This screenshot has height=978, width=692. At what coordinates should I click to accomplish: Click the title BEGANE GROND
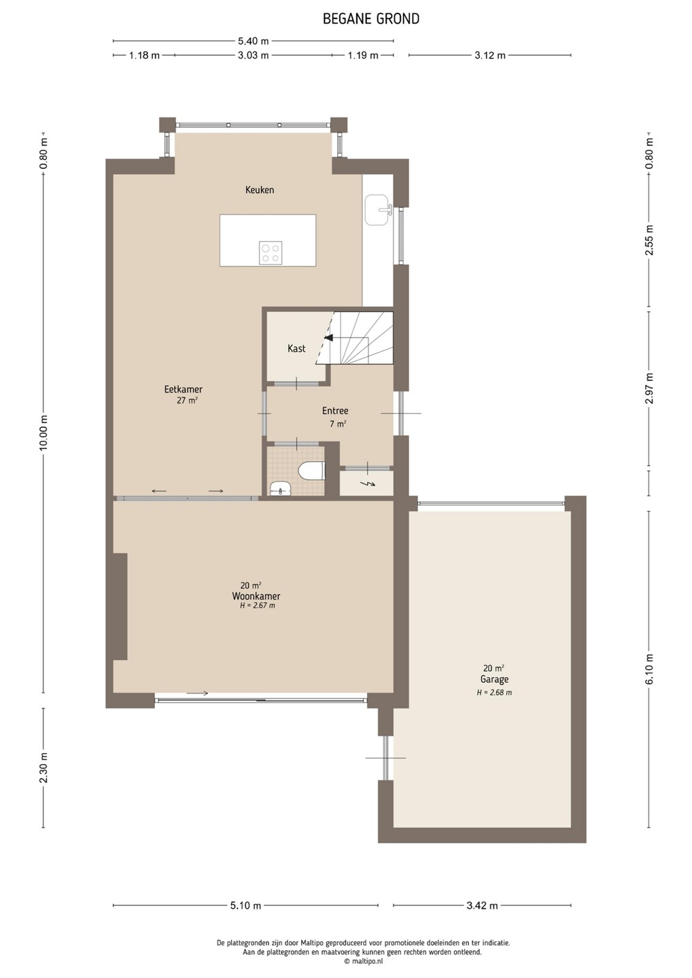371,19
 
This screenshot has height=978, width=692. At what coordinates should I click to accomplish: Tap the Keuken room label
260,190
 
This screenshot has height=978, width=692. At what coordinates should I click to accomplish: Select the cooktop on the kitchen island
270,253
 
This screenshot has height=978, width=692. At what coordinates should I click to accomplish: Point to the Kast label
296,348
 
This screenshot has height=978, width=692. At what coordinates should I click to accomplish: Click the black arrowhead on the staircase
328,338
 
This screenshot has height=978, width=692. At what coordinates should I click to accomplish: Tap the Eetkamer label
183,389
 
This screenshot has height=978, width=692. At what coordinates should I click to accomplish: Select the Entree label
335,410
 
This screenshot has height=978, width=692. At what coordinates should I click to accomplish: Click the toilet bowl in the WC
312,471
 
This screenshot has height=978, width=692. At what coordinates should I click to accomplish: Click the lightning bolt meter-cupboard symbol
366,484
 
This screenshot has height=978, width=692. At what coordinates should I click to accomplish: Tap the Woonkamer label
256,596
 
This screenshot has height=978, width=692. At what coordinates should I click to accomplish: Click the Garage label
494,679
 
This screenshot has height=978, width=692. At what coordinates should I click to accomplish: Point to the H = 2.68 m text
494,693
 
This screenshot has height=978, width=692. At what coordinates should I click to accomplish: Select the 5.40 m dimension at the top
254,41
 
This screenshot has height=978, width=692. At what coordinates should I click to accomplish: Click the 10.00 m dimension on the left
44,435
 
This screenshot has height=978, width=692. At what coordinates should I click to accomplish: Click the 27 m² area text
187,400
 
